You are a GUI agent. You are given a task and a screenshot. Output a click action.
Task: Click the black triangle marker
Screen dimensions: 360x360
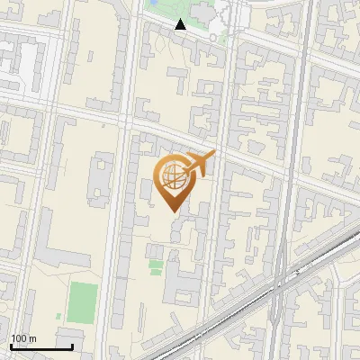(180, 24)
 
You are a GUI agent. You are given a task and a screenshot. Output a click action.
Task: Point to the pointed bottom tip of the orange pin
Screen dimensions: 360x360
(172, 212)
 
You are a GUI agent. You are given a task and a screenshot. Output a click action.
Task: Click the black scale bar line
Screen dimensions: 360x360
(41, 346)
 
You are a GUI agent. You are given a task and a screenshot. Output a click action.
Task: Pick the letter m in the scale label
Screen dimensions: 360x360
(34, 338)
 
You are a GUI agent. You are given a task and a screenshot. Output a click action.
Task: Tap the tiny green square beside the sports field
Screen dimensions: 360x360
(59, 316)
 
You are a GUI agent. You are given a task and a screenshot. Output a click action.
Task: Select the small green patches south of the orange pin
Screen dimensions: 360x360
(157, 267)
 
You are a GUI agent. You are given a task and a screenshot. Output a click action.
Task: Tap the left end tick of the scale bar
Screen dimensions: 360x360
(11, 346)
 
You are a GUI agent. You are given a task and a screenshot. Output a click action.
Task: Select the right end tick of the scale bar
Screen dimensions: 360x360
(72, 346)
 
